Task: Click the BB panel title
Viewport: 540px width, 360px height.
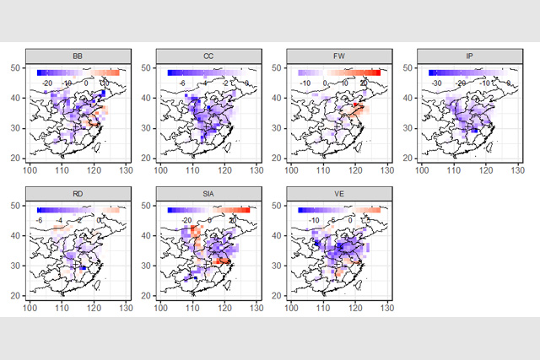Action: [78, 56]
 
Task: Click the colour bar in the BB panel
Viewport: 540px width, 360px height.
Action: [78, 73]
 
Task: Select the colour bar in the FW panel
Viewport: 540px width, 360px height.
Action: [338, 73]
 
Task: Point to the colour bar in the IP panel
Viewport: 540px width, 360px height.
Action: [468, 73]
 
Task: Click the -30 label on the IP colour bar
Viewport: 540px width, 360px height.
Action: [437, 83]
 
